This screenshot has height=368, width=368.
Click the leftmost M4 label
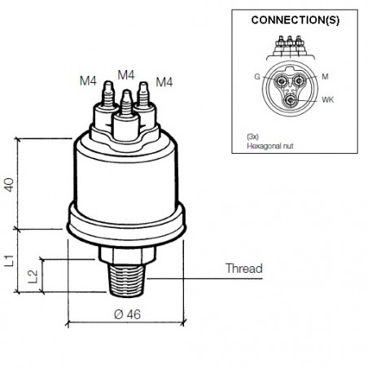point(89,81)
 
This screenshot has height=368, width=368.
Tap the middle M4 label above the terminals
point(125,74)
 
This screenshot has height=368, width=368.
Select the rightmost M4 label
point(164,81)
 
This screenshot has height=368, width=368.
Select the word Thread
point(243,268)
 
